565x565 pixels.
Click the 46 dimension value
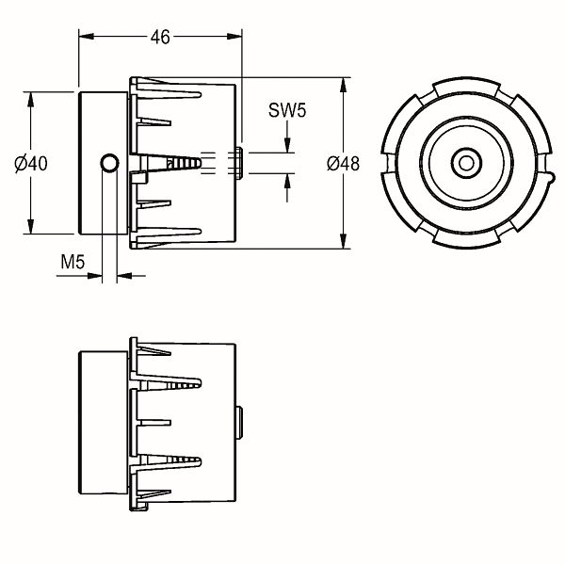click(160, 37)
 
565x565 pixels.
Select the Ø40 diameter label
click(31, 164)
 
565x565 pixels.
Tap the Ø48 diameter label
click(343, 164)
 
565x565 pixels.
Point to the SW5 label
click(287, 110)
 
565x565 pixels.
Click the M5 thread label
click(73, 262)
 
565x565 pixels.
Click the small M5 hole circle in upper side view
click(109, 163)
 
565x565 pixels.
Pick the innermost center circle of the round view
click(467, 163)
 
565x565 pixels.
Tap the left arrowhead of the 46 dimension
click(87, 37)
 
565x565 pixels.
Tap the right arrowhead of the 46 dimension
click(234, 37)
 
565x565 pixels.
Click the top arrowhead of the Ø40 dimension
click(31, 100)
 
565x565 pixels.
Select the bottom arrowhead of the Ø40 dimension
click(31, 226)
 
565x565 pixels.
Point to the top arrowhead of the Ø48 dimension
click(343, 86)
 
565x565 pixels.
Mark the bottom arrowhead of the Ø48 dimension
click(343, 241)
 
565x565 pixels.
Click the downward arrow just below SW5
click(287, 137)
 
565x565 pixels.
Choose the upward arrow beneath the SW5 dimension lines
click(287, 187)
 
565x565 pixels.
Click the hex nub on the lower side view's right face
click(239, 423)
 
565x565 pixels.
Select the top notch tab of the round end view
click(467, 86)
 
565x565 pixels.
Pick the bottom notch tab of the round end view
click(467, 241)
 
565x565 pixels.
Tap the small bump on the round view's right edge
click(549, 178)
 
